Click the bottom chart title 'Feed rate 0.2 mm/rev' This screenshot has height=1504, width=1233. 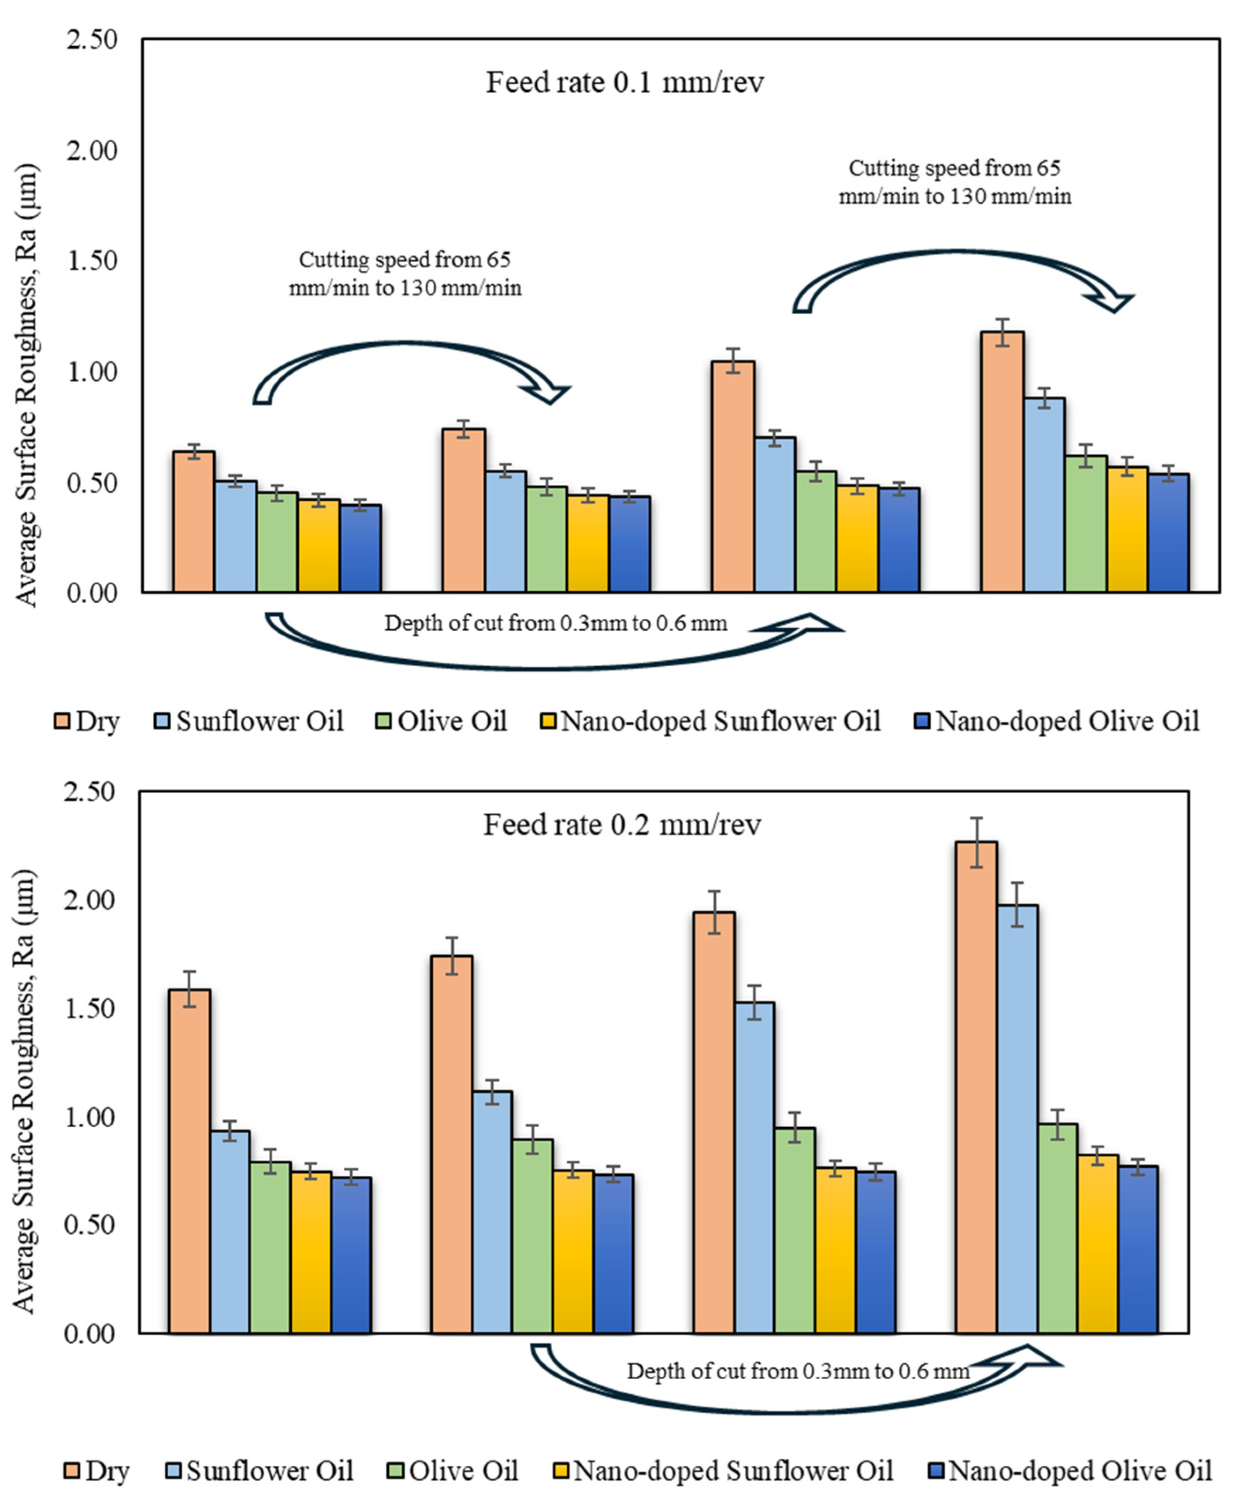pos(622,825)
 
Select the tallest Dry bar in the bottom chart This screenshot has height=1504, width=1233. pos(977,1086)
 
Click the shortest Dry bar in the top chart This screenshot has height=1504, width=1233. pos(194,521)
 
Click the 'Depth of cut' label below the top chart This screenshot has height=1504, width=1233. pos(555,624)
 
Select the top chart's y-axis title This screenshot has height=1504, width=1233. pos(27,387)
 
